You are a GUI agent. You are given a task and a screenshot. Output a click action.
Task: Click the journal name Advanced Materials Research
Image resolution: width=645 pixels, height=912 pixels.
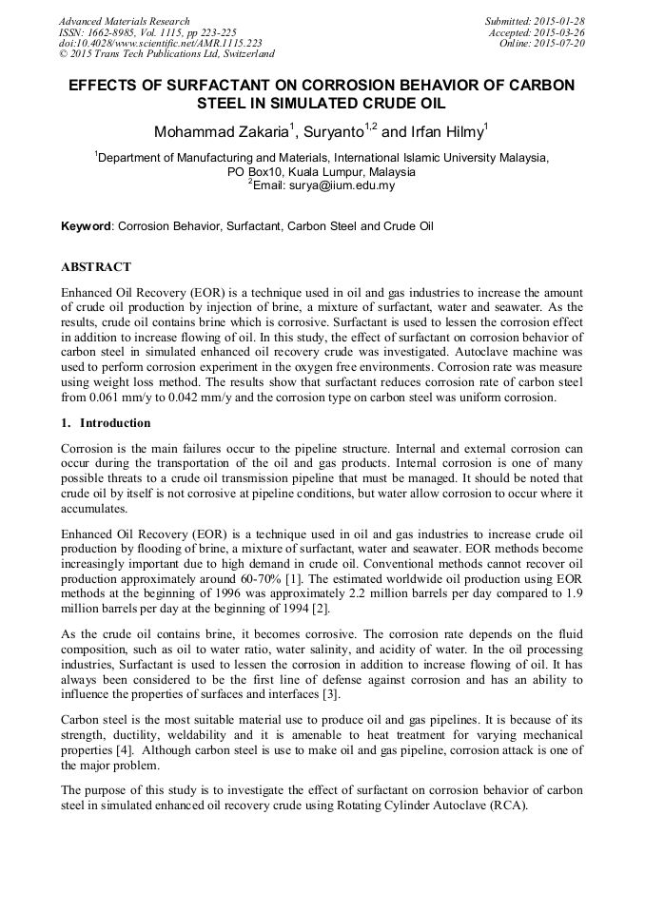pos(124,21)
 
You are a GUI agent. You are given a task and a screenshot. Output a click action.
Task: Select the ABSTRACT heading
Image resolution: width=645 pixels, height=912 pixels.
pos(96,267)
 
